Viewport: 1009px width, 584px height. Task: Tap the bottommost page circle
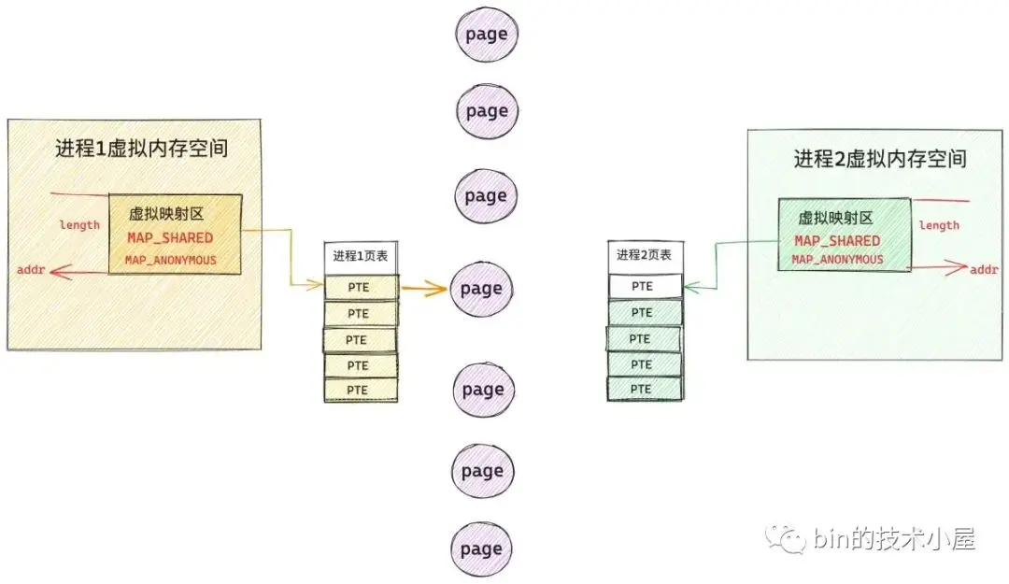(x=481, y=548)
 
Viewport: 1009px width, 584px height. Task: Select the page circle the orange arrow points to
(x=481, y=289)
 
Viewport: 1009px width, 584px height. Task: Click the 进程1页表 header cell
(x=361, y=256)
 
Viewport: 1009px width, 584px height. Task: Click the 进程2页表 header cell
(x=644, y=255)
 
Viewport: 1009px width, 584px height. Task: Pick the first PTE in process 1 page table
(x=361, y=287)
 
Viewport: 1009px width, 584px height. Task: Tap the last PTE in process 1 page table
(x=361, y=391)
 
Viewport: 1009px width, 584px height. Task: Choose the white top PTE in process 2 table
(x=644, y=286)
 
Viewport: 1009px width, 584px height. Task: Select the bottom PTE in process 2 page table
(x=644, y=389)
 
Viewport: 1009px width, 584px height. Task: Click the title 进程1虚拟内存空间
(x=142, y=149)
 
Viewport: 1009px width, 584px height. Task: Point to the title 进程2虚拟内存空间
(x=880, y=159)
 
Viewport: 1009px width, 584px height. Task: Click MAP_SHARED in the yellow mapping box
(x=170, y=237)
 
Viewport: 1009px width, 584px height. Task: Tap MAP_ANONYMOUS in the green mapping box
(x=837, y=259)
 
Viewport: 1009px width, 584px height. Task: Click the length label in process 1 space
(x=79, y=224)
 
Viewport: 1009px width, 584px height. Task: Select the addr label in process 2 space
(x=984, y=269)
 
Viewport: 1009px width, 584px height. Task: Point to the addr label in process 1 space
(x=31, y=269)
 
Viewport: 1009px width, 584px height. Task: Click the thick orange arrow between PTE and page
(x=424, y=289)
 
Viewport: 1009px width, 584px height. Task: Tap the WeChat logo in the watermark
(x=785, y=539)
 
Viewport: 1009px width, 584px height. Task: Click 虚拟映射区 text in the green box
(x=835, y=219)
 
